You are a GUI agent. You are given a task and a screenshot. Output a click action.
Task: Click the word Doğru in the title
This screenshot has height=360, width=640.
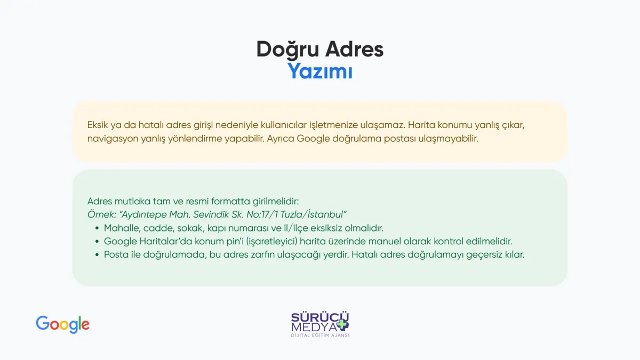click(x=287, y=50)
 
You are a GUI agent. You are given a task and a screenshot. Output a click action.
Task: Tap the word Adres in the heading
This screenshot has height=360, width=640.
click(x=354, y=49)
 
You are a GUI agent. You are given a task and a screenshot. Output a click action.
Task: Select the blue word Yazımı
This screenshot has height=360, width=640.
click(x=319, y=71)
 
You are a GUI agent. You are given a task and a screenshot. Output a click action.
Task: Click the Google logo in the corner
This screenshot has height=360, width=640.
click(x=62, y=325)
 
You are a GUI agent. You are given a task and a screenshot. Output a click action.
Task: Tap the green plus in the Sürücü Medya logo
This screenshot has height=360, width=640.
click(x=342, y=325)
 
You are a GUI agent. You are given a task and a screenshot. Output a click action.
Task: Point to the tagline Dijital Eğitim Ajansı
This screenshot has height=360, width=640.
click(x=320, y=335)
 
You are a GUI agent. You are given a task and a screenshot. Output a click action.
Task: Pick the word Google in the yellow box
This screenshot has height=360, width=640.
click(x=313, y=139)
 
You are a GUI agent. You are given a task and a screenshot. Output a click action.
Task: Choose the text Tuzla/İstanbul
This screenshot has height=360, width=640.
click(x=313, y=214)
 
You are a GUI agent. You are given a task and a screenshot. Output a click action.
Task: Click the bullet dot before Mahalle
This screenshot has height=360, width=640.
click(x=97, y=228)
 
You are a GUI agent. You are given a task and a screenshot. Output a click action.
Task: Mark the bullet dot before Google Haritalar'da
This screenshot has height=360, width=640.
click(x=97, y=242)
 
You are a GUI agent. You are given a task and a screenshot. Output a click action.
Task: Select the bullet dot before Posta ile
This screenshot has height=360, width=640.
click(x=97, y=254)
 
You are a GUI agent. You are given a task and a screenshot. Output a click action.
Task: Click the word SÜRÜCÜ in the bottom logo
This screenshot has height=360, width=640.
click(x=320, y=317)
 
